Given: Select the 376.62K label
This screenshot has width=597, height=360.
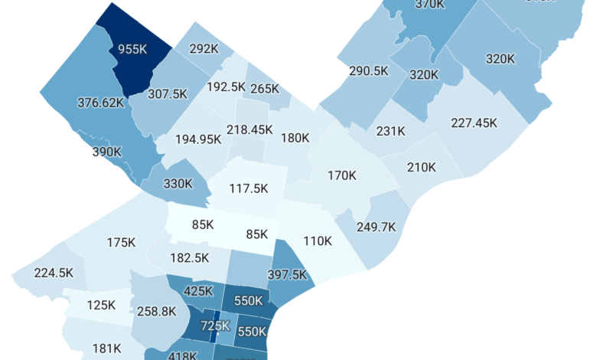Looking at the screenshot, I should pyautogui.click(x=101, y=102).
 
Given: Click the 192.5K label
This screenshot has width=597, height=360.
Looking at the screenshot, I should pyautogui.click(x=224, y=87).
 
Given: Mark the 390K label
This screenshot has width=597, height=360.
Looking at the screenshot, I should pyautogui.click(x=106, y=152).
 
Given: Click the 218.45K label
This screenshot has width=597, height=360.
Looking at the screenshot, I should pyautogui.click(x=249, y=130).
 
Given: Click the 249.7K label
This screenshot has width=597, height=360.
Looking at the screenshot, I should pyautogui.click(x=376, y=227).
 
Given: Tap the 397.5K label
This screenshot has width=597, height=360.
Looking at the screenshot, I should pyautogui.click(x=287, y=274).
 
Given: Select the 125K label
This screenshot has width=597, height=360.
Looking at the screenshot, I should pyautogui.click(x=100, y=304).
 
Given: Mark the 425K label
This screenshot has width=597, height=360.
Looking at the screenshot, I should pyautogui.click(x=198, y=291).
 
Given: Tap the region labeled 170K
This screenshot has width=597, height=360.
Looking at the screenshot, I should pyautogui.click(x=341, y=175).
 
